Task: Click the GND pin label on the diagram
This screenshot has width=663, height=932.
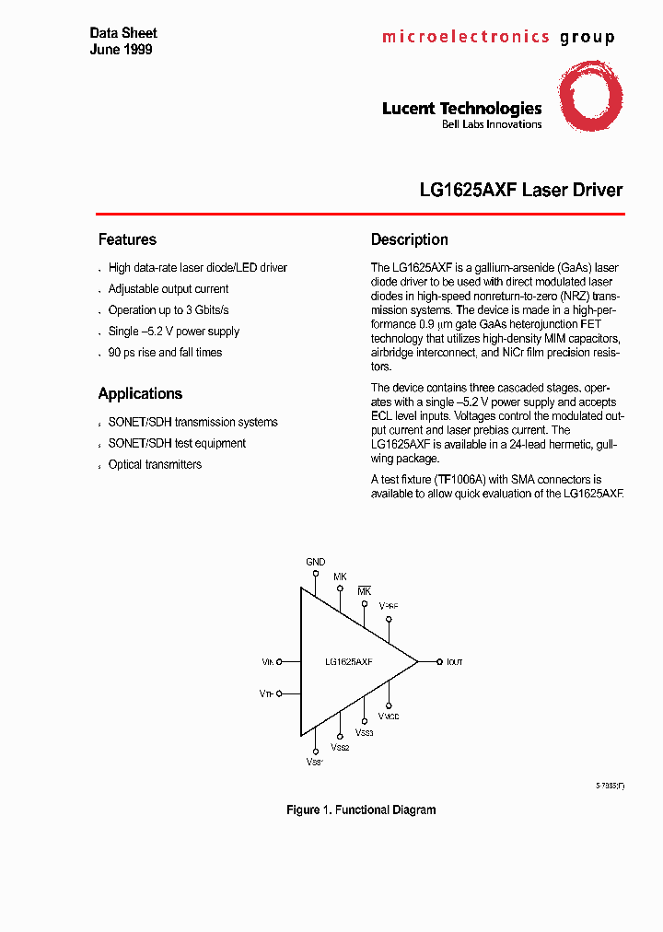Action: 315,561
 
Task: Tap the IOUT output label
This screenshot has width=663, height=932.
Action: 454,662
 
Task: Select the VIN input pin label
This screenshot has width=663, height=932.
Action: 267,662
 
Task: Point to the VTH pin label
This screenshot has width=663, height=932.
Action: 266,693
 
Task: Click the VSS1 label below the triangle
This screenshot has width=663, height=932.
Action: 315,762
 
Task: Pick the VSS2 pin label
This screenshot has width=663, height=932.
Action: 341,748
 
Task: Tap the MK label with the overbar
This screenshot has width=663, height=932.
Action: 364,589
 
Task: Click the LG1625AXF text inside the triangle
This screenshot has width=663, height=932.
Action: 348,662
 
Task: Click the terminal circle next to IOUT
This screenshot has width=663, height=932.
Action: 436,661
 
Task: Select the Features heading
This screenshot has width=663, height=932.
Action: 127,239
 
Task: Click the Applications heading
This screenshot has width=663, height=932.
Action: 140,393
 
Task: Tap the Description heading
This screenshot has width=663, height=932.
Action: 409,239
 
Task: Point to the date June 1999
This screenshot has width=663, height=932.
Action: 121,49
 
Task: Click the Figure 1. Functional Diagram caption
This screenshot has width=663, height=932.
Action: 361,810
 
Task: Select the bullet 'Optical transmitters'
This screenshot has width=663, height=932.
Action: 155,464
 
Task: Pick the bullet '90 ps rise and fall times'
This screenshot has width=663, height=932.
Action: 165,352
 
